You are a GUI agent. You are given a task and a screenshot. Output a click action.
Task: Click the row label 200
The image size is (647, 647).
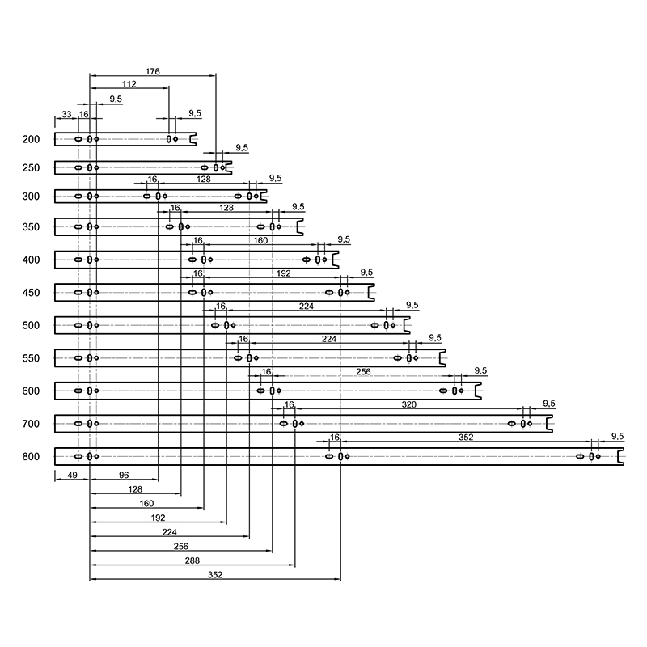click(x=31, y=139)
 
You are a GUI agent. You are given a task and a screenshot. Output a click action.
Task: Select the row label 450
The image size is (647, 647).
click(x=31, y=293)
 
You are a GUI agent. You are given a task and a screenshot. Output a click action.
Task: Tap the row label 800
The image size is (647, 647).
click(x=31, y=457)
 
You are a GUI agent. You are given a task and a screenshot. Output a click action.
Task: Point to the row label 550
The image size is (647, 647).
click(x=31, y=358)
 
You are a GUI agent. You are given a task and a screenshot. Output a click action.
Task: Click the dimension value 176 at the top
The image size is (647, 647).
click(x=152, y=71)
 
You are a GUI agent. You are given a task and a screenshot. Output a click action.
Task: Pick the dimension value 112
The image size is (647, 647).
click(x=129, y=84)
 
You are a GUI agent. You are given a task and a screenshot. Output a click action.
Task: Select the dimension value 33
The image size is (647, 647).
click(x=66, y=114)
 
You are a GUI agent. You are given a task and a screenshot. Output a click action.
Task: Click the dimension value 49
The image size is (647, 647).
click(x=72, y=475)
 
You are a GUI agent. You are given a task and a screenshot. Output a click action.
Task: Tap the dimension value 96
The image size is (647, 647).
click(x=124, y=475)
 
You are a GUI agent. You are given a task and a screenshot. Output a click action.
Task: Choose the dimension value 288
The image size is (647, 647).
click(x=192, y=560)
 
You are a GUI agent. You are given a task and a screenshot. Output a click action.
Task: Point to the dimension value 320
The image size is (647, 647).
click(x=409, y=404)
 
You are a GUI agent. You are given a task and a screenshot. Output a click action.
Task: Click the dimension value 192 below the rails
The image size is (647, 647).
click(x=158, y=518)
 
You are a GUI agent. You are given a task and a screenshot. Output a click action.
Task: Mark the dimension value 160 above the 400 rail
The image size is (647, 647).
click(x=260, y=240)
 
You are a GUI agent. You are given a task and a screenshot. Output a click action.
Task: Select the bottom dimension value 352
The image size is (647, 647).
click(x=215, y=575)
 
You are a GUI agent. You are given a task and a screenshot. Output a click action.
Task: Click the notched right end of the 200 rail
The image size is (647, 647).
click(x=192, y=139)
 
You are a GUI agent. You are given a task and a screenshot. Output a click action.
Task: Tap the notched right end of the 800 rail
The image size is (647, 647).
click(x=620, y=457)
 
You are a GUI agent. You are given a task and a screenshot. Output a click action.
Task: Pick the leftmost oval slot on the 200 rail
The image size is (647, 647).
click(x=78, y=139)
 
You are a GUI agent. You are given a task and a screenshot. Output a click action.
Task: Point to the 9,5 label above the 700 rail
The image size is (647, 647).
click(x=549, y=403)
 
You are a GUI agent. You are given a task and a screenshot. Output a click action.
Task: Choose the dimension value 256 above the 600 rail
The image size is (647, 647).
click(x=363, y=372)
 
